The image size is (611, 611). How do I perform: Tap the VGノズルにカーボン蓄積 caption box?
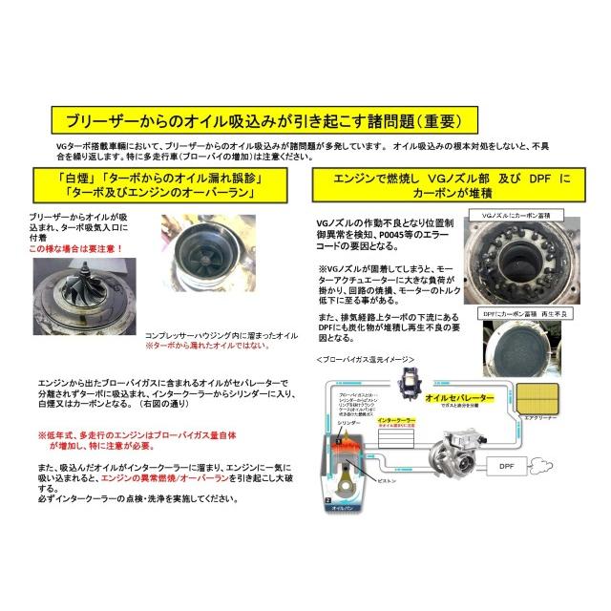click(x=516, y=217)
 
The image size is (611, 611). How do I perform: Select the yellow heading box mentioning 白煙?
click(x=158, y=185)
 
